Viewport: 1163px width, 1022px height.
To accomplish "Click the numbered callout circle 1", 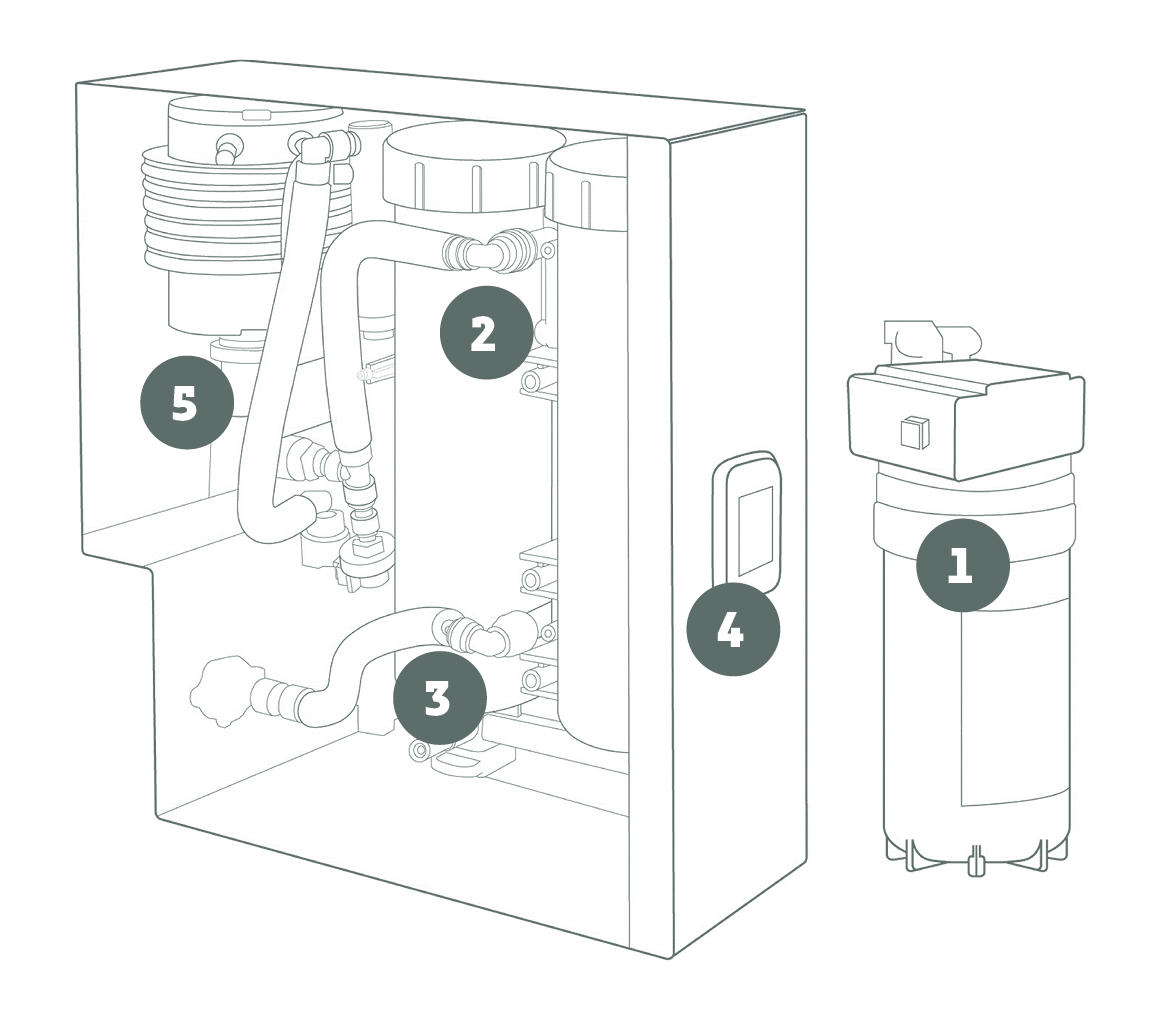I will [x=962, y=566].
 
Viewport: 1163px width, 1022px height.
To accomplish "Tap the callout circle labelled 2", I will [x=484, y=334].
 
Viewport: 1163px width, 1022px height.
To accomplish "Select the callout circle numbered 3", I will [x=439, y=699].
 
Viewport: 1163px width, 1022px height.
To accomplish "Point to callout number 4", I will [x=732, y=630].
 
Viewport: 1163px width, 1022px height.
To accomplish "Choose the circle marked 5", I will [x=185, y=404].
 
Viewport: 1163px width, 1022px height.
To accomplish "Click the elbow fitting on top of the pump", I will [x=313, y=147].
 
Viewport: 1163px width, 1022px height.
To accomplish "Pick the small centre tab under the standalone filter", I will [x=976, y=860].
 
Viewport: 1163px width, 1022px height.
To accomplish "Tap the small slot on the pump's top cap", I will [x=256, y=116].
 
